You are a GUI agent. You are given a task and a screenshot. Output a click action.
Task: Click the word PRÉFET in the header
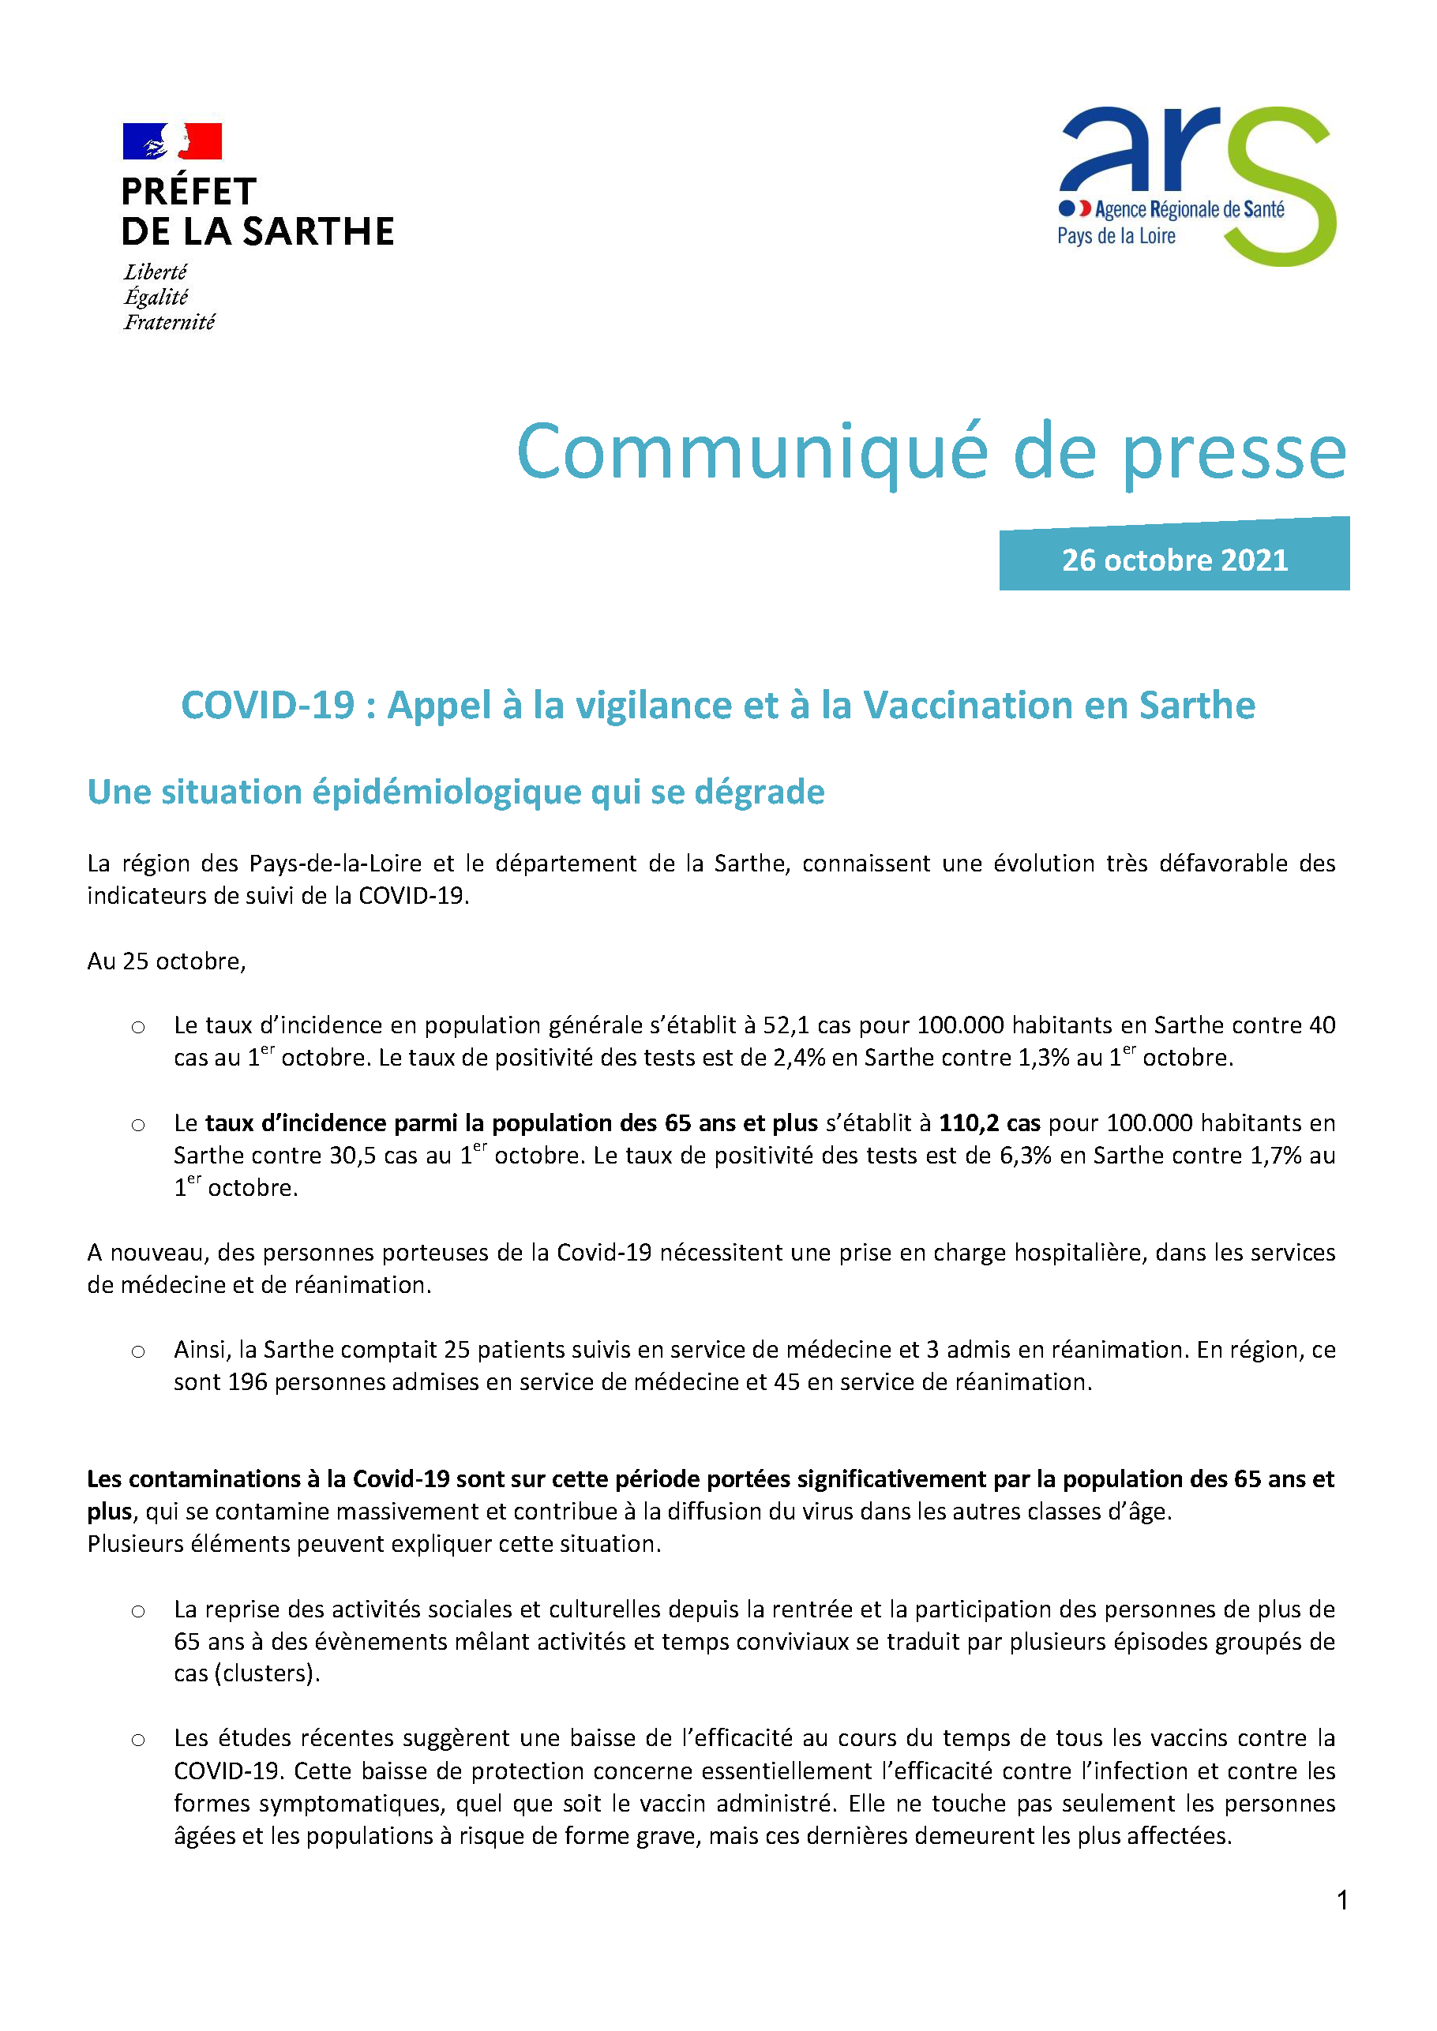[189, 192]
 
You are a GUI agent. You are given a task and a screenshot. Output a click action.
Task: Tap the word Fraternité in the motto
[169, 322]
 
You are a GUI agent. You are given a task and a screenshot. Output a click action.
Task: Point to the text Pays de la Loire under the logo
[1116, 236]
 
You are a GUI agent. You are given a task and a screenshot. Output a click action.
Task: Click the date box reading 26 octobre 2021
[1174, 560]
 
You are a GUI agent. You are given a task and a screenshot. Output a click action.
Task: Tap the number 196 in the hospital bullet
[248, 1381]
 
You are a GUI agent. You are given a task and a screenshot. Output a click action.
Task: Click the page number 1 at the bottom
[1342, 1900]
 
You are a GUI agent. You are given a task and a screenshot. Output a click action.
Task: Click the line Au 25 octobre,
[167, 961]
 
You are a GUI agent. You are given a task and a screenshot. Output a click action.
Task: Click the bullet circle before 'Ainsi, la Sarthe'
[138, 1351]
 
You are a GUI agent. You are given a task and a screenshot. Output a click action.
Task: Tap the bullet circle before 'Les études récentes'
[138, 1740]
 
